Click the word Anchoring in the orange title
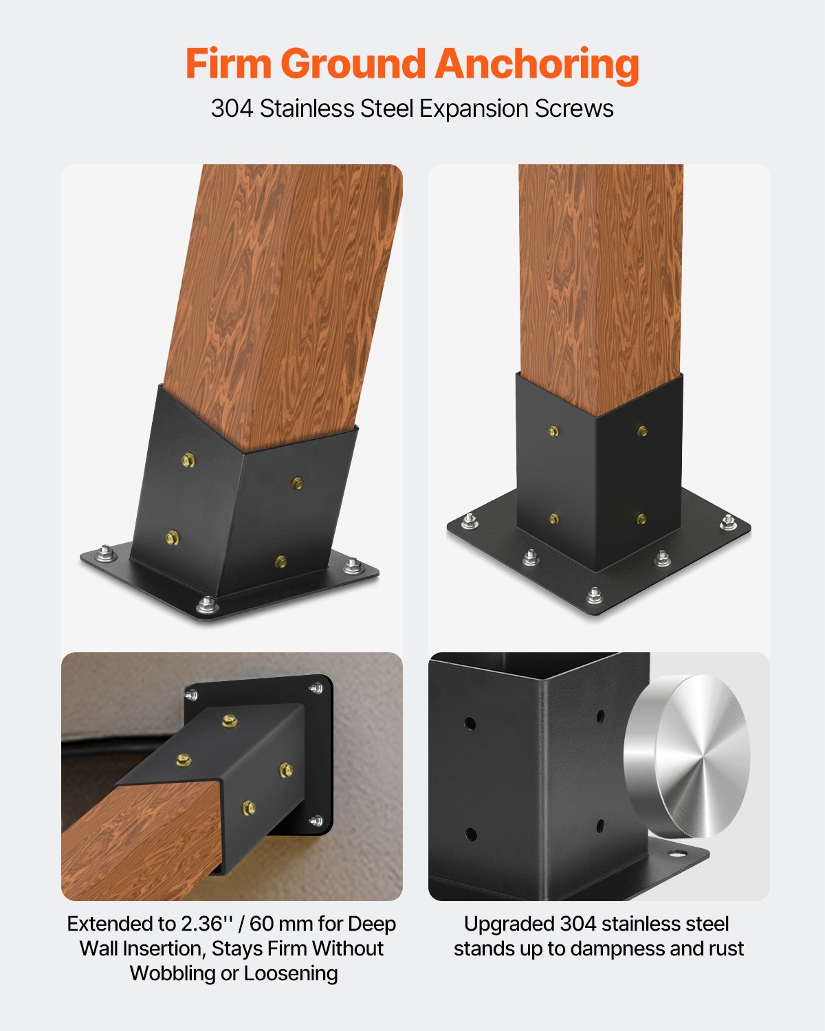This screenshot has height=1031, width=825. click(537, 65)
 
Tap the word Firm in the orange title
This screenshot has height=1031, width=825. click(229, 65)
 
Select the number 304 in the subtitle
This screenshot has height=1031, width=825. click(232, 109)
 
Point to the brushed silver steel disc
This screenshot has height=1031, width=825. click(687, 756)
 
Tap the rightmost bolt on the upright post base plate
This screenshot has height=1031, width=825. click(729, 522)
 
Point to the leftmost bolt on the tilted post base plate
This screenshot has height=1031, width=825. click(105, 552)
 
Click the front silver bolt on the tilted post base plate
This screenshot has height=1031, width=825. click(206, 605)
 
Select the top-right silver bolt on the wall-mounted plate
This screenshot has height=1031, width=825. click(317, 687)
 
